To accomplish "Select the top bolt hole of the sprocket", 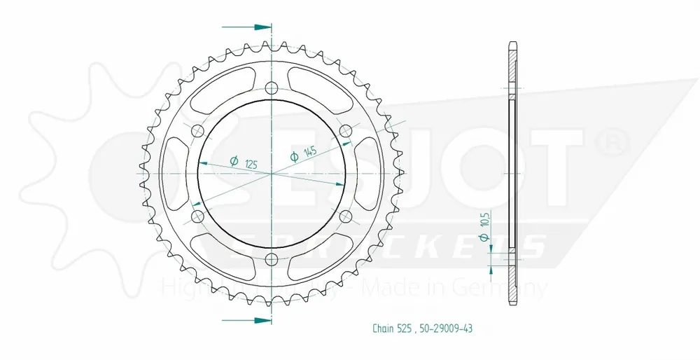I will pyautogui.click(x=272, y=88).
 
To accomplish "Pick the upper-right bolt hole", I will pyautogui.click(x=345, y=131).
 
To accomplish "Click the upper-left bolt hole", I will pyautogui.click(x=197, y=132).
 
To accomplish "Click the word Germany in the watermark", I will pyautogui.click(x=514, y=288).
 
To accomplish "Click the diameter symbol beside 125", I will pyautogui.click(x=234, y=158).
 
